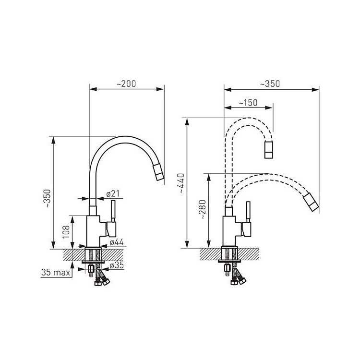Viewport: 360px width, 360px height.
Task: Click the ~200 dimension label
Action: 126,84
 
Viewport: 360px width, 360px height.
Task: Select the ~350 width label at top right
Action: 270,84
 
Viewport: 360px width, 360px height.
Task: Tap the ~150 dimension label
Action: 248,103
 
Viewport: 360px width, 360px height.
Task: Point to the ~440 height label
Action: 182,184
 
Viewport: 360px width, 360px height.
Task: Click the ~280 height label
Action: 203,209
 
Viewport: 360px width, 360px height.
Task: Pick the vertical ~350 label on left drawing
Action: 48,198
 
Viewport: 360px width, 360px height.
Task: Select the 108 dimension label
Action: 66,232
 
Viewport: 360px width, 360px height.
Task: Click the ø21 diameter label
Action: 113,194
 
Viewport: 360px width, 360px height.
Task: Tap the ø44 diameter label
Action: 117,242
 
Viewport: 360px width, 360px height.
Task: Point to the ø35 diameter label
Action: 117,265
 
